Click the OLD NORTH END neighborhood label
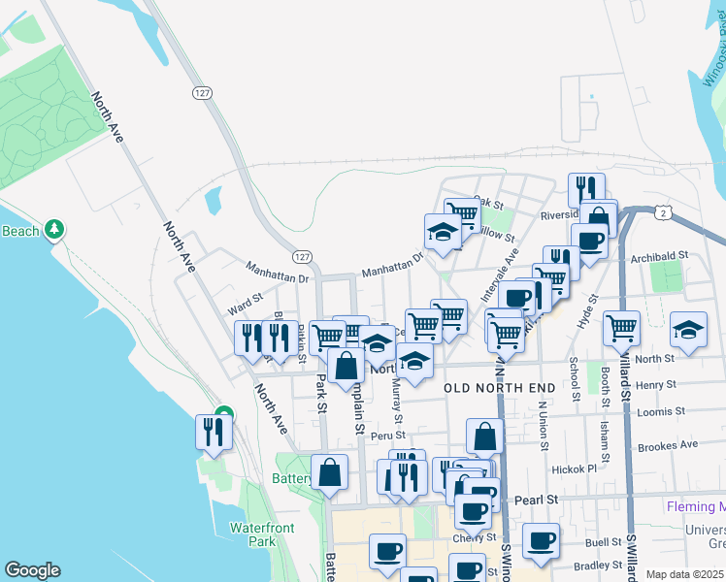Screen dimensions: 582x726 coord(500,388)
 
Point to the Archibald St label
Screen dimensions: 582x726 coord(659,256)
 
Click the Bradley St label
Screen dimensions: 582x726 coord(597,565)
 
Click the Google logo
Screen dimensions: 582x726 coord(32,570)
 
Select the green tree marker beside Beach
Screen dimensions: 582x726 coord(57,229)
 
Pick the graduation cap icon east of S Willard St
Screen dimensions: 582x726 coord(688,329)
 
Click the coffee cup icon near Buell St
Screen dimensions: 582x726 coord(541,539)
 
